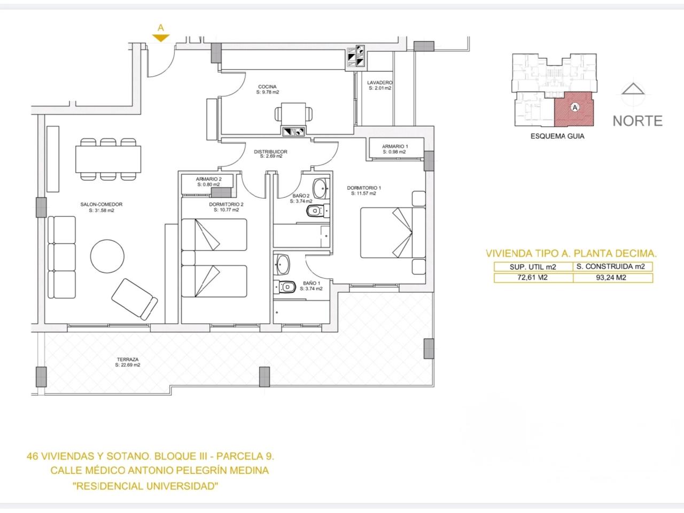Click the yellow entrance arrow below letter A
pos(161,38)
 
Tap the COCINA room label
pos(267,87)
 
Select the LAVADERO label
pos(379,82)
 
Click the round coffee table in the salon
pos(107,256)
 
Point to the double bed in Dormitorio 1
pos(393,232)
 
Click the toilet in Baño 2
pos(318,211)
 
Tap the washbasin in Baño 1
pos(282,264)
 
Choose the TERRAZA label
pos(128,359)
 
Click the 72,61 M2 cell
pos(533,277)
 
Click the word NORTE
pos(638,121)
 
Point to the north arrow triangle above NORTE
pos(633,89)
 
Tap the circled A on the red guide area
pos(575,107)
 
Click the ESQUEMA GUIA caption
pos(557,136)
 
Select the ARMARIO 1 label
pos(395,146)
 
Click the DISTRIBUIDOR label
pos(270,152)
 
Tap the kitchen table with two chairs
pos(293,115)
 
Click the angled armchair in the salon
pos(135,299)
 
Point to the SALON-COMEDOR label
pos(102,204)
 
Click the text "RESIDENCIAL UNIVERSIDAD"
pos(145,486)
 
